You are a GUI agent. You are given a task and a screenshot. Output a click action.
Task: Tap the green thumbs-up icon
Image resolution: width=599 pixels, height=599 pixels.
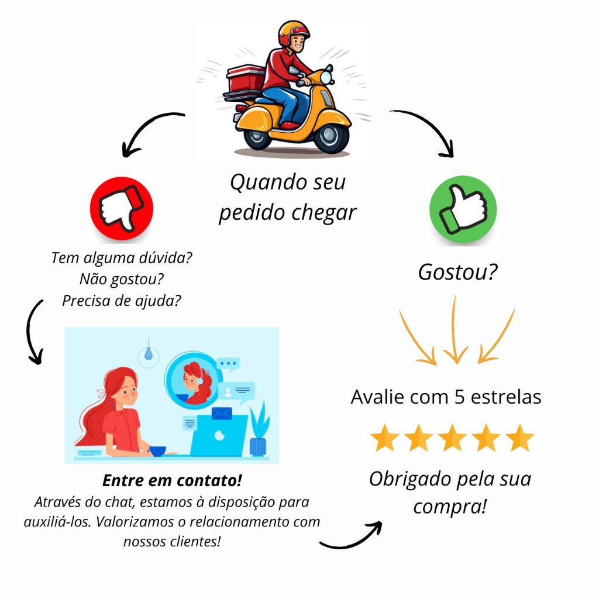[x=463, y=209]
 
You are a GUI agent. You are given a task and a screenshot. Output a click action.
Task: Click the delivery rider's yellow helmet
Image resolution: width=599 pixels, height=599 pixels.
[x=292, y=33]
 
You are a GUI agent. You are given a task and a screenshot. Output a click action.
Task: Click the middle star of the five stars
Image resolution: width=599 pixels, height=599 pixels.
[x=452, y=439]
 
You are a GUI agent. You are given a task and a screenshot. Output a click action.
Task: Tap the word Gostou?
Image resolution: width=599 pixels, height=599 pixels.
[x=457, y=272]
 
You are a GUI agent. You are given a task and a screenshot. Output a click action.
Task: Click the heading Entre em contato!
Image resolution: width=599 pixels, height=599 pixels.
[x=172, y=481]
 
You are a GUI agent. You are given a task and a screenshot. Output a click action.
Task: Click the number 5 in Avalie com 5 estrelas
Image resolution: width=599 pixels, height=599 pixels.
[x=459, y=397]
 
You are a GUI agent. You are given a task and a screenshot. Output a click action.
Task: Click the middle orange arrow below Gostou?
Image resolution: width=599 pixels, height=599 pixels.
[x=455, y=331]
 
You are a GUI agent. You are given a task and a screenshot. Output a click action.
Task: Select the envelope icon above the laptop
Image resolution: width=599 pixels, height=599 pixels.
[x=222, y=414]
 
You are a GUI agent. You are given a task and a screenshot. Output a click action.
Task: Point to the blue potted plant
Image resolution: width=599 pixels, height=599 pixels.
[x=257, y=433]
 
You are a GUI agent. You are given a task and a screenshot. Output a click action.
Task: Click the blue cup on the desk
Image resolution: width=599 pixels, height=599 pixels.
[x=157, y=451]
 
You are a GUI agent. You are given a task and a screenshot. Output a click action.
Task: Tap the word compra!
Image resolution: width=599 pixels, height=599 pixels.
[x=449, y=506]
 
